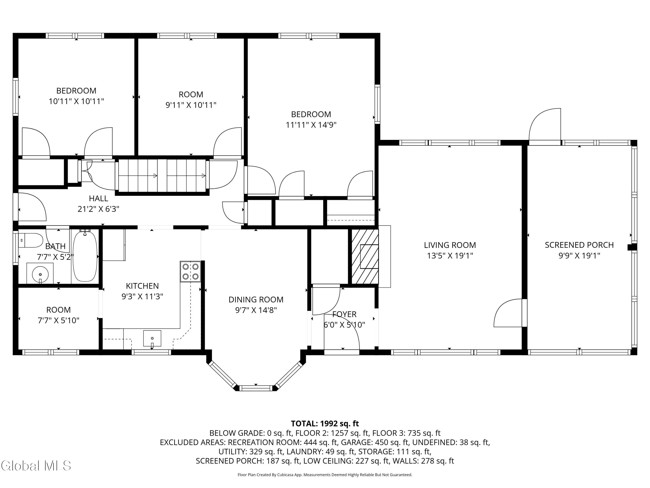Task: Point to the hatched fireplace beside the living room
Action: (365, 257)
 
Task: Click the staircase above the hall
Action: (162, 176)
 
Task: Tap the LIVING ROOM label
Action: (450, 245)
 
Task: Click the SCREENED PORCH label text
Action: (579, 245)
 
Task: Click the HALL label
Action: (98, 198)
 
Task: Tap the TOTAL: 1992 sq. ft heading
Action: (325, 424)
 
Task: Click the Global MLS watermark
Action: (36, 466)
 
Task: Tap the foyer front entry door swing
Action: (342, 332)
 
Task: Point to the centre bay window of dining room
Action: (256, 388)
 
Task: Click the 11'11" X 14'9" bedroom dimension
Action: (311, 125)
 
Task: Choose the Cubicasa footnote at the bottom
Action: (325, 475)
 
